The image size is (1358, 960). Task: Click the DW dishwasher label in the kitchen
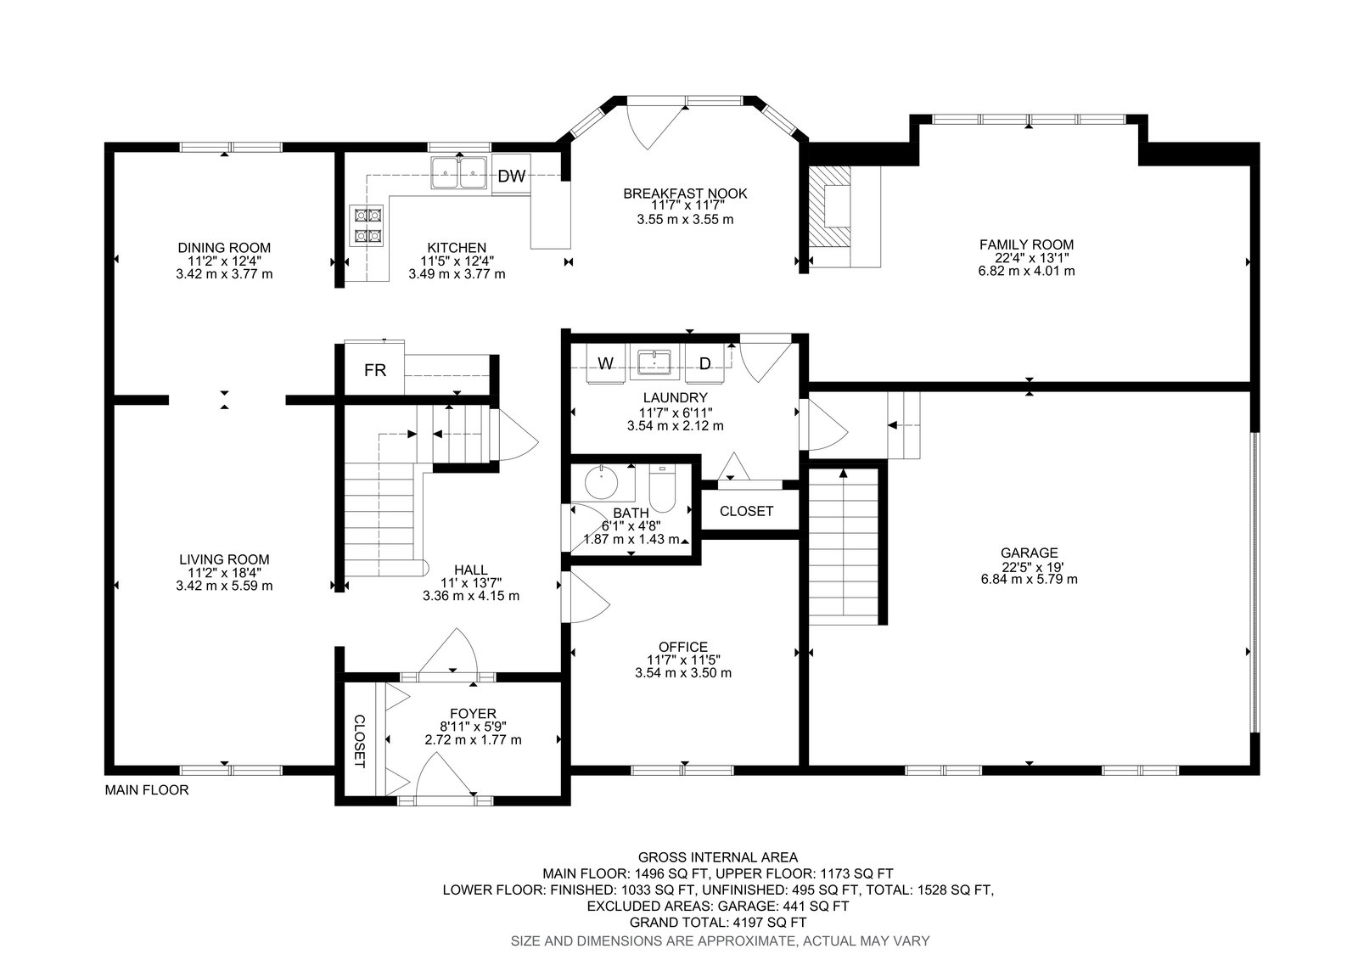511,176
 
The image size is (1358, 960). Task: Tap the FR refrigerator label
374,370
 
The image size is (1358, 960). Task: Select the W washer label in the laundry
605,363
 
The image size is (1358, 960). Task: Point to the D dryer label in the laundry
704,363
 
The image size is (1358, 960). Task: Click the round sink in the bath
602,483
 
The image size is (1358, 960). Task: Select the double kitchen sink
459,173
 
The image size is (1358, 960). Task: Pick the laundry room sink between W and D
654,362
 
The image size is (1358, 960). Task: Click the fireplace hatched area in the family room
829,215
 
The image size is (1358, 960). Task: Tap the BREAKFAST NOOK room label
685,194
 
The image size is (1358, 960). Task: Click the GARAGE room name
1029,553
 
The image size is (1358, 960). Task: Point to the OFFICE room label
683,647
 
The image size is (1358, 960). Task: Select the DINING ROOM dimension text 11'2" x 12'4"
224,261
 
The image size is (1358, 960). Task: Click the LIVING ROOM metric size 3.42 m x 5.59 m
224,586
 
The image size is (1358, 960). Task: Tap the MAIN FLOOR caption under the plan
147,789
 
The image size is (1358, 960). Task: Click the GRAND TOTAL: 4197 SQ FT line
718,923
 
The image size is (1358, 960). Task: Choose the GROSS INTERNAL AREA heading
718,857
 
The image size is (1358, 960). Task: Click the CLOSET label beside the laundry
746,511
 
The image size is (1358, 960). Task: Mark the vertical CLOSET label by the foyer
360,741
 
